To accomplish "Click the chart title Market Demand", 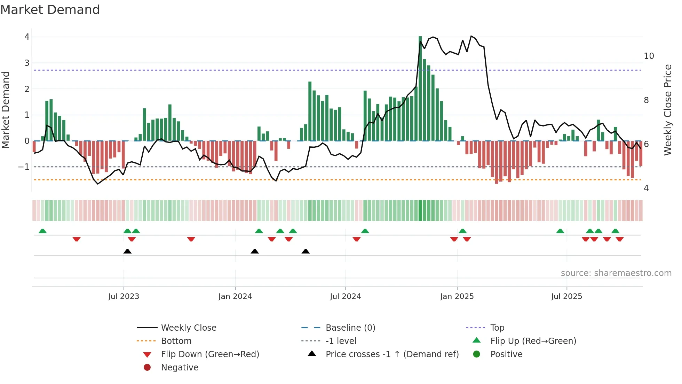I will [x=50, y=10].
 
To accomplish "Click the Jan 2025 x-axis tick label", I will [x=457, y=297].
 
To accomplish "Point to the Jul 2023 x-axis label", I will [x=124, y=297].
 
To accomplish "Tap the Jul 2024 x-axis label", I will [x=345, y=297].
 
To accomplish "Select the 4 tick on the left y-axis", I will [x=27, y=37].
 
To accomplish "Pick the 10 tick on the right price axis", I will [x=649, y=56].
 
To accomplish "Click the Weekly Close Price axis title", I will [x=667, y=110].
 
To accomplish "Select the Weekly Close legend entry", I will [x=188, y=328].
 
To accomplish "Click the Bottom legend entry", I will [x=176, y=341].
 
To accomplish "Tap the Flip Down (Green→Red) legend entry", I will [x=210, y=354].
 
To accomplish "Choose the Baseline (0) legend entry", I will [x=350, y=328].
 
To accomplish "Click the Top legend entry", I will [x=497, y=328].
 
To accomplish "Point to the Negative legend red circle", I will [x=147, y=368].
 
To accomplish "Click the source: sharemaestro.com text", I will [x=616, y=273].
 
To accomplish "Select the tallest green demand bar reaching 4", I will [x=420, y=87].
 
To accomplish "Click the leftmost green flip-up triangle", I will [x=42, y=231].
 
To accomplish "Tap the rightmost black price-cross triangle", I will [x=306, y=251].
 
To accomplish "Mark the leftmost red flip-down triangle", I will [x=77, y=239].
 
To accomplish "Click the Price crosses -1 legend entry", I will [x=392, y=354].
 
